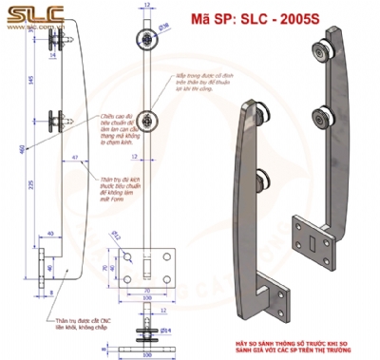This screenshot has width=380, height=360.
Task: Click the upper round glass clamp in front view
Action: click(147, 39)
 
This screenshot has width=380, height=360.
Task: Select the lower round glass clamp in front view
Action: click(147, 121)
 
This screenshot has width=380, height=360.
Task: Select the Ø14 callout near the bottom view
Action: click(162, 329)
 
